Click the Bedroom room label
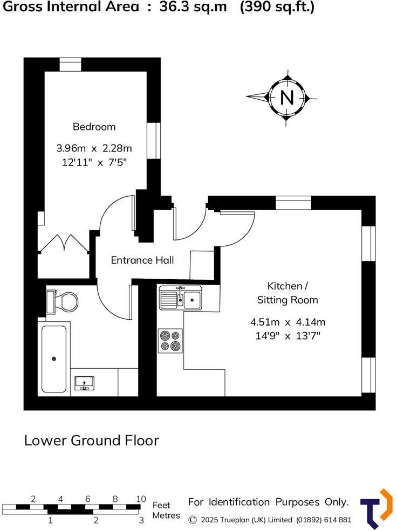94,127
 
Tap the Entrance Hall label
142,260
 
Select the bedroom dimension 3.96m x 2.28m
94,148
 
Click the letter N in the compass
286,98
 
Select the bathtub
54,358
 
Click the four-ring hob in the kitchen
170,341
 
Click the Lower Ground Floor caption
92,440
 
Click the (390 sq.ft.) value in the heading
277,7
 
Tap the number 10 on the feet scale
141,499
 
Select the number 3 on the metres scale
141,521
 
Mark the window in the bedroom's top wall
70,64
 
